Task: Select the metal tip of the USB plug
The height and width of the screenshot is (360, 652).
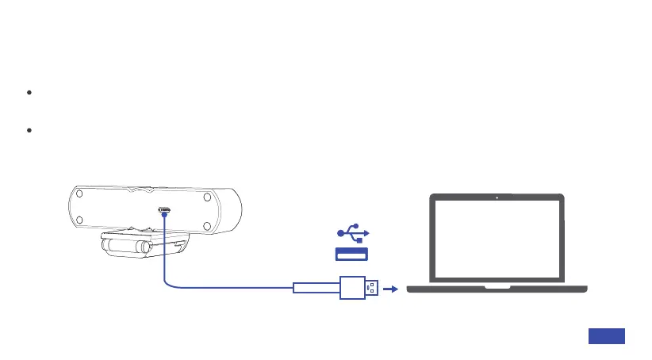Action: [x=372, y=287]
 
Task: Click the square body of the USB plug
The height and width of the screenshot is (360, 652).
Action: [x=351, y=287]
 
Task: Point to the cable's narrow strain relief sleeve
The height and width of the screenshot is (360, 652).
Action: [x=316, y=287]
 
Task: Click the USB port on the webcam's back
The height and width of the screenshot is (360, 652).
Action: [x=165, y=210]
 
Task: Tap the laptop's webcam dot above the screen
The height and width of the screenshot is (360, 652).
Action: [x=496, y=197]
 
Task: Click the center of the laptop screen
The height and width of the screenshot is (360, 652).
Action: [x=496, y=239]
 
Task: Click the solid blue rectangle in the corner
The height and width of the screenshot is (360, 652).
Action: [x=607, y=336]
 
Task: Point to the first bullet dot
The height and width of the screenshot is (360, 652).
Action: [x=29, y=93]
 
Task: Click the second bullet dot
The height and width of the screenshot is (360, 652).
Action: [x=29, y=129]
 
